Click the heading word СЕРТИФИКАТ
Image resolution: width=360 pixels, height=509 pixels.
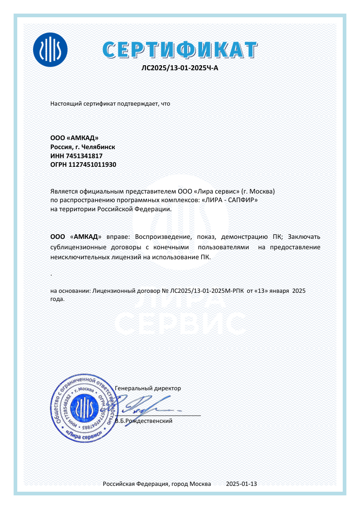tap(180, 49)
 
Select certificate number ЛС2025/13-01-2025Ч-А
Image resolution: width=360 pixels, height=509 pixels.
tap(180, 68)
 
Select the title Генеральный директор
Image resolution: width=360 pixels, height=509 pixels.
tap(148, 388)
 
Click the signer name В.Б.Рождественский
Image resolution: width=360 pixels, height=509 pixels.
tap(144, 421)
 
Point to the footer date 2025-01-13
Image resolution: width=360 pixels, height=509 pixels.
tap(241, 484)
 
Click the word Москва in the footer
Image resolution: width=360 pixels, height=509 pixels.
tap(200, 484)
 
